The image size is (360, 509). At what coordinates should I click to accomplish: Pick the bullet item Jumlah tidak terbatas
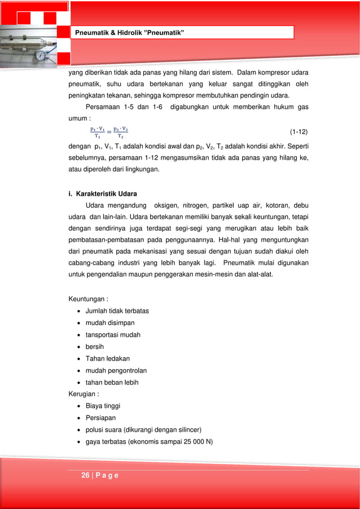(117, 310)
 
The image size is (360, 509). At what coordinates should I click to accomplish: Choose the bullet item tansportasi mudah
(113, 335)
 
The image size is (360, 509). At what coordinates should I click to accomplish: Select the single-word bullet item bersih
(94, 346)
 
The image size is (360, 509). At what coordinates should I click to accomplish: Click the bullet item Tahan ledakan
(107, 358)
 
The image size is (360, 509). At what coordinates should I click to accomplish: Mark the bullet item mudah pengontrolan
(116, 370)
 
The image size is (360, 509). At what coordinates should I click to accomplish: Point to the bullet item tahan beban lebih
(112, 382)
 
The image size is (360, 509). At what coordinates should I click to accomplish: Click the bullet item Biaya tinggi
(103, 406)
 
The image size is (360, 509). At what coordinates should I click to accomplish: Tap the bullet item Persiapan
(100, 418)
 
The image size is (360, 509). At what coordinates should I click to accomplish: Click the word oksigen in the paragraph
(168, 205)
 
